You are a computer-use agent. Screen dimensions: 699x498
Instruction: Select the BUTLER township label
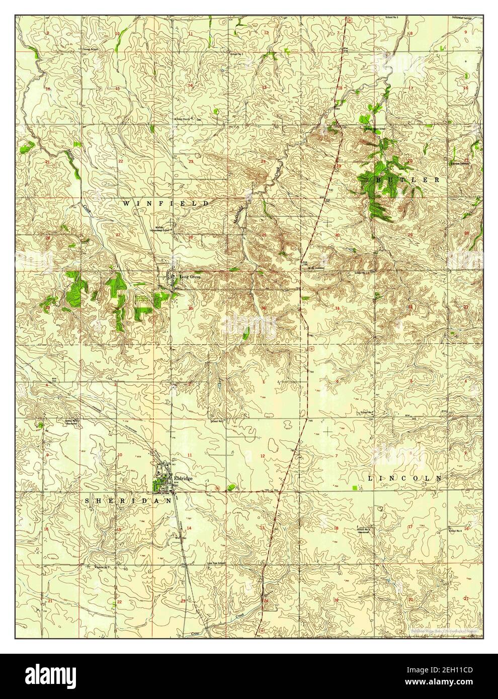[407, 179]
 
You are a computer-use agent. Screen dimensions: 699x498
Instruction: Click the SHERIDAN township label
[128, 501]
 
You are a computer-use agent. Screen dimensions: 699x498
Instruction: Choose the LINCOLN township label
[404, 478]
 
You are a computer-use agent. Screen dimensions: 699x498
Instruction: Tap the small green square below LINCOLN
[356, 488]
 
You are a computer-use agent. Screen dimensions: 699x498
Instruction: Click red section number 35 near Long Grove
[190, 308]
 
